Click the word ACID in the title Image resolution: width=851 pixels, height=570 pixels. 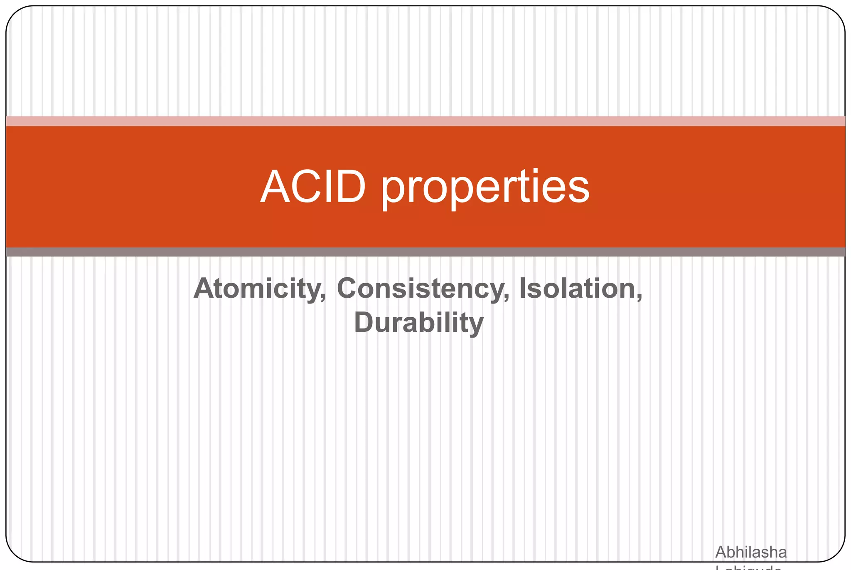(313, 187)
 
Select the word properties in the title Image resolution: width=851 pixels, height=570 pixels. (485, 188)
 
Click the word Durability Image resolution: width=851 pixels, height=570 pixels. (418, 323)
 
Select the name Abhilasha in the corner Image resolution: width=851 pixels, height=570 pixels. (750, 552)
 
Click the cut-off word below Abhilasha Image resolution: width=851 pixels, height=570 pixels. (748, 567)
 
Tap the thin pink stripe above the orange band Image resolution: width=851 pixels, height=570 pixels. (425, 121)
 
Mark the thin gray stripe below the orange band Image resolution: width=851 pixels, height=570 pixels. (425, 252)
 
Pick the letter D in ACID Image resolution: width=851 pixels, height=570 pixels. (348, 187)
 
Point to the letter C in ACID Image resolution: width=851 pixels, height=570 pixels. (305, 187)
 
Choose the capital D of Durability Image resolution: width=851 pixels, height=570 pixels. (364, 323)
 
